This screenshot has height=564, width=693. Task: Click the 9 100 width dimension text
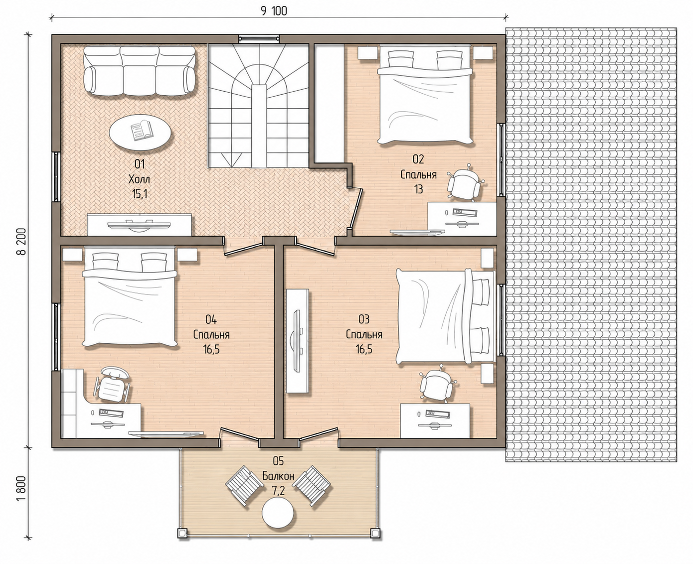tap(274, 11)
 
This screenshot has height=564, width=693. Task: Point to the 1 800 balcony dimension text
tap(21, 489)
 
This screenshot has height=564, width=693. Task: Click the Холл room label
tap(139, 179)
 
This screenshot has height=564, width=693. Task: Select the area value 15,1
tap(140, 194)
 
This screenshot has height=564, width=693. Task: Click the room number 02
tap(418, 159)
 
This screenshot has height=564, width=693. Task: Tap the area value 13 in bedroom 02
tap(418, 189)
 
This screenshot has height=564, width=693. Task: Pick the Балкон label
tap(278, 476)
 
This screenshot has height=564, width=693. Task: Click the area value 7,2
tap(278, 491)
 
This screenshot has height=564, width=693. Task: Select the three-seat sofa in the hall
tap(139, 71)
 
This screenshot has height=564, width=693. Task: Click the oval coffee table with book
tap(139, 133)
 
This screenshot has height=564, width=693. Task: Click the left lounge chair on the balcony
tap(245, 486)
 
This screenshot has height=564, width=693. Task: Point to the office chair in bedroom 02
tap(464, 183)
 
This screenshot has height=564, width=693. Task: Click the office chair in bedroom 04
tap(112, 385)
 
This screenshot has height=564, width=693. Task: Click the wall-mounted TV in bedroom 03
tap(297, 341)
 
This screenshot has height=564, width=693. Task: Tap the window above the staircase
tap(259, 39)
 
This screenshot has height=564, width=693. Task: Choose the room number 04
tap(211, 319)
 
